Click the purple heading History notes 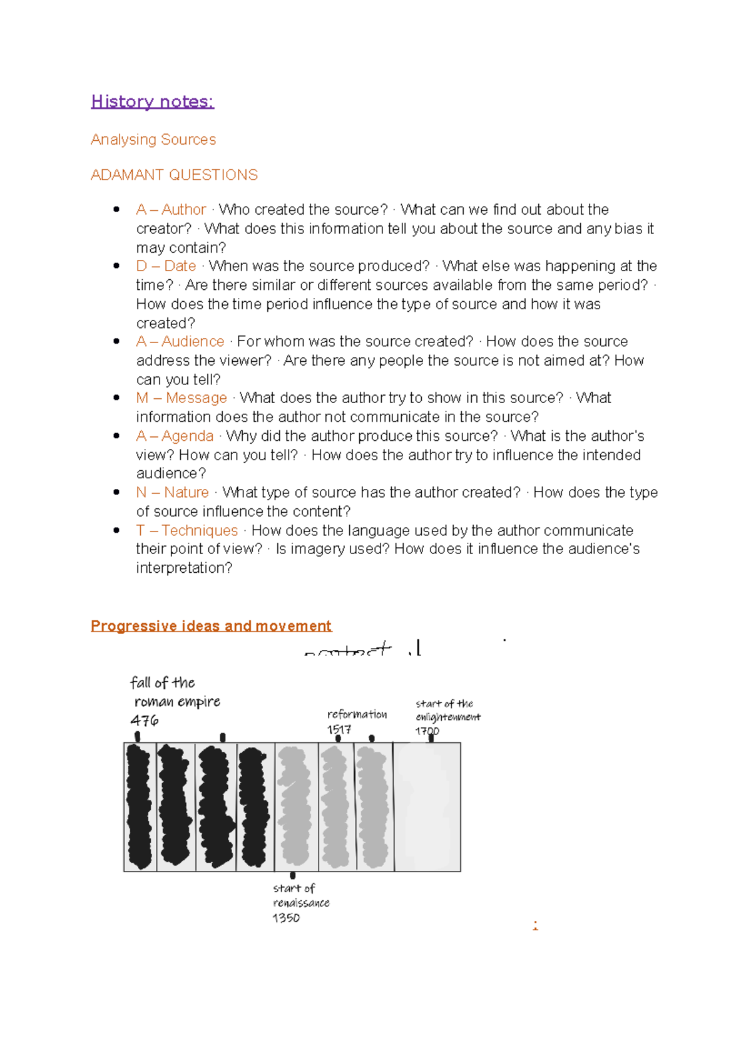(152, 101)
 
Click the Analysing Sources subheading (153, 140)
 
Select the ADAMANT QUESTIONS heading (174, 175)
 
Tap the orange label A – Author (171, 210)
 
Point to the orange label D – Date (166, 266)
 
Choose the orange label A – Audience (180, 342)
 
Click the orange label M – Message (181, 398)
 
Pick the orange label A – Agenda (175, 436)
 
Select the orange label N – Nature (172, 493)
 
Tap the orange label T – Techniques (186, 531)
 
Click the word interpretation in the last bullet (183, 568)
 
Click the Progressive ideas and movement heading (211, 626)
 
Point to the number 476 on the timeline (145, 721)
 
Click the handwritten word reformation (357, 714)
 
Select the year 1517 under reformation (339, 729)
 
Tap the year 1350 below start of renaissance (286, 918)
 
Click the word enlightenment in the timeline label (448, 717)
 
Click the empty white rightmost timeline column (427, 806)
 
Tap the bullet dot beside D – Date (116, 266)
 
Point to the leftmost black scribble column (139, 806)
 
